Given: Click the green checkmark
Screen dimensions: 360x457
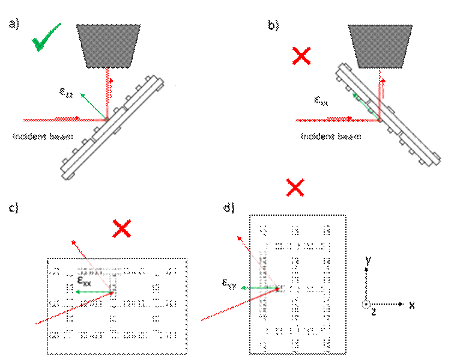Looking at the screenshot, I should click(x=45, y=38).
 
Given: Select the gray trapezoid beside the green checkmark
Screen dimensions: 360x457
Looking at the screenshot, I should click(x=109, y=46).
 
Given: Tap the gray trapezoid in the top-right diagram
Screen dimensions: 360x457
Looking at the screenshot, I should click(x=380, y=46).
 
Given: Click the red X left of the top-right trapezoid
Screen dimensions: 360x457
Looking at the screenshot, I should click(x=301, y=56).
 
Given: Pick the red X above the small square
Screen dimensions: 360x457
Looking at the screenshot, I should click(x=122, y=228).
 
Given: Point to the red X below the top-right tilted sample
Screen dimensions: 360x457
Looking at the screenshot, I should click(x=295, y=188).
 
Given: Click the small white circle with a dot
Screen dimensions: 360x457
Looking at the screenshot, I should click(x=366, y=305).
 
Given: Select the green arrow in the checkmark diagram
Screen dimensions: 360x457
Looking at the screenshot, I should click(x=93, y=106).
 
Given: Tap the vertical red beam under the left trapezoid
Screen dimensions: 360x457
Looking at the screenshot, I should click(x=109, y=90).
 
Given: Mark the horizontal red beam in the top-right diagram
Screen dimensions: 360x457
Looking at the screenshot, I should click(x=336, y=120).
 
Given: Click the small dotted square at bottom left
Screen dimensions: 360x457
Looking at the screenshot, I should click(x=98, y=277).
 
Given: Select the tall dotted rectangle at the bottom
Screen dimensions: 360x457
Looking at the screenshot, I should click(x=267, y=282).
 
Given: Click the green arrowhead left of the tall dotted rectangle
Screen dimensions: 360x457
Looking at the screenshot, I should click(x=243, y=288).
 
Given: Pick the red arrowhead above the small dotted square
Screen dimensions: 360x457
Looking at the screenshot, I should click(x=74, y=243).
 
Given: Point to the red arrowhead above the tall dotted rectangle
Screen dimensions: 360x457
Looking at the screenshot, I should click(x=240, y=238).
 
